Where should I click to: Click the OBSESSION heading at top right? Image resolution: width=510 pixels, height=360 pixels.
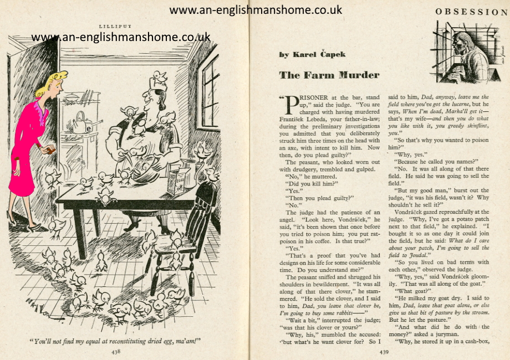[472, 12]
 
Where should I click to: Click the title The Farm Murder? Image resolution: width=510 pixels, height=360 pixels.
[329, 75]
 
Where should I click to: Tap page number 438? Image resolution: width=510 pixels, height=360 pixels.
[115, 351]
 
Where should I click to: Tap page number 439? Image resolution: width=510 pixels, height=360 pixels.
[384, 351]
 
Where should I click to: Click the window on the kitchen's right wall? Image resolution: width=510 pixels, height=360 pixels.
[210, 83]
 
